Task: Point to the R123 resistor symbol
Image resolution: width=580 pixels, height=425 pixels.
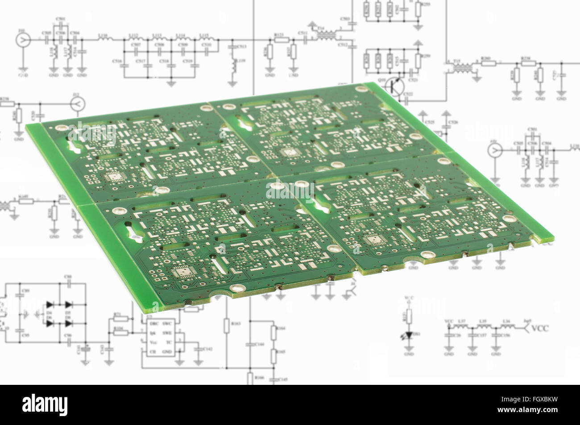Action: coord(281,39)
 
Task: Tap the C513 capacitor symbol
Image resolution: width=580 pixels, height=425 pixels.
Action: coord(232,46)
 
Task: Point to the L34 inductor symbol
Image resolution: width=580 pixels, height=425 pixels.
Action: coord(506,326)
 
